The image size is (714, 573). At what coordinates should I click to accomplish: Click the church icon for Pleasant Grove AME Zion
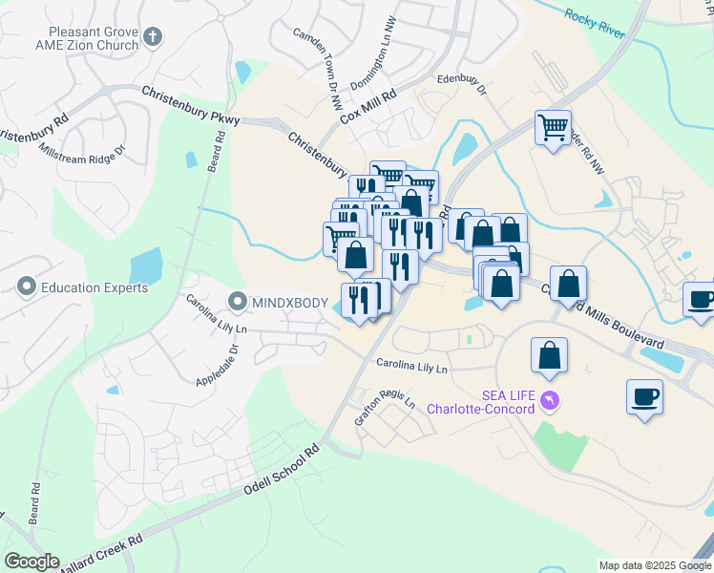tap(153, 38)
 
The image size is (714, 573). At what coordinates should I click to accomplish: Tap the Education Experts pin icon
tap(26, 286)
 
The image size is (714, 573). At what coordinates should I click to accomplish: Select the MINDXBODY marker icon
tap(238, 303)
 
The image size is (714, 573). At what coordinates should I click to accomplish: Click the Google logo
tap(31, 562)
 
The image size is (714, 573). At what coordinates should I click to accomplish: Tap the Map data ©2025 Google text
tap(655, 565)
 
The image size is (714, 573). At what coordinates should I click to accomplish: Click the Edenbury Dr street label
tap(462, 85)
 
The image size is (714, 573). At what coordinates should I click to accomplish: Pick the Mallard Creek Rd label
tap(100, 554)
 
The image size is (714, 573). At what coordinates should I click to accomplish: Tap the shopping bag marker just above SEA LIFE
tap(551, 356)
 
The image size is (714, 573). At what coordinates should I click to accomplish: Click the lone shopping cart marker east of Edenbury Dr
tap(553, 127)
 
